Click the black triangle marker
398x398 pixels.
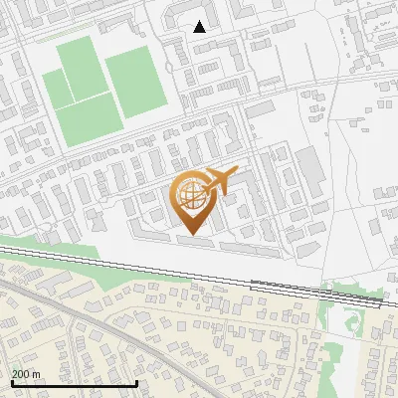200,27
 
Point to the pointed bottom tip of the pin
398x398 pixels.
193,235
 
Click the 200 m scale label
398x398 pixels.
25,374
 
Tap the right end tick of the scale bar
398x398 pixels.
136,382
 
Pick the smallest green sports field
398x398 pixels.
57,91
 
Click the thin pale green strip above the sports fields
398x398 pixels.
99,38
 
